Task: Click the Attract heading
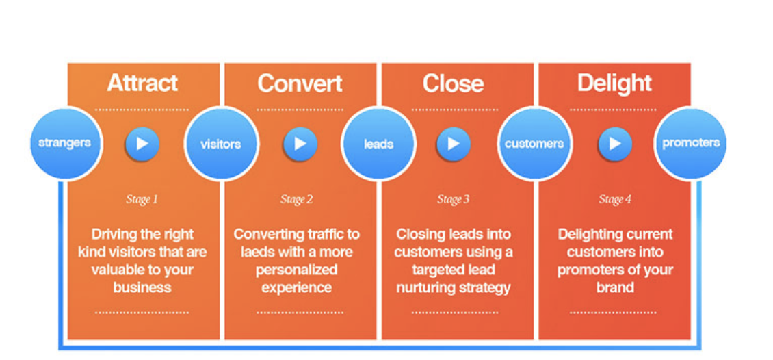coord(142,83)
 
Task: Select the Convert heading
coord(300,83)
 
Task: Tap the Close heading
coord(453,83)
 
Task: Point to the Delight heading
coord(614,83)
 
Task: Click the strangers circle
coord(64,144)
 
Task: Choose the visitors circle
coord(220,144)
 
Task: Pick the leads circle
coord(378,144)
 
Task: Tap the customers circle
coord(534,144)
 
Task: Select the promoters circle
coord(691,144)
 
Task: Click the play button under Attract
coord(142,144)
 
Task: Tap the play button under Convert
coord(300,144)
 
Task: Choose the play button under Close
coord(453,144)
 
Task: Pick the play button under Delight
coord(615,144)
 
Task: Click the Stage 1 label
coord(142,200)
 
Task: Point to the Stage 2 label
coord(297,200)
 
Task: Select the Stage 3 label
coord(453,200)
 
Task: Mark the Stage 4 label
coord(615,200)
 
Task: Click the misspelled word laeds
coord(257,252)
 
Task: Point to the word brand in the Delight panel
coord(615,287)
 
